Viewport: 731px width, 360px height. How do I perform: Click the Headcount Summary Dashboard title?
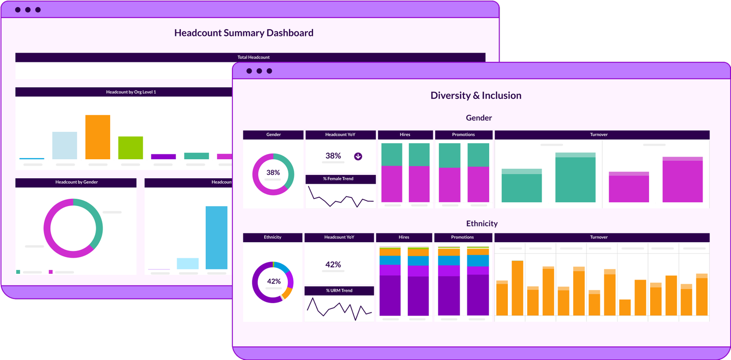pos(244,33)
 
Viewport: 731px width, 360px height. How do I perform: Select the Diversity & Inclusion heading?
pos(476,95)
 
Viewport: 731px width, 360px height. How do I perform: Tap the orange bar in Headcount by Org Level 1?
pos(97,137)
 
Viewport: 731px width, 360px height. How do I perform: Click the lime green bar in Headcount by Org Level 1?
pos(131,148)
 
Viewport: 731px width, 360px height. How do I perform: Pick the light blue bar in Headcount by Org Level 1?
pos(64,145)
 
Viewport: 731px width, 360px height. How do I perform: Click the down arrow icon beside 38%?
pos(358,156)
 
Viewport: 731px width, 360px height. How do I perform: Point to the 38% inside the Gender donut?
pos(273,172)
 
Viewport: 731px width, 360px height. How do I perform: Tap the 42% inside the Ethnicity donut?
pos(273,281)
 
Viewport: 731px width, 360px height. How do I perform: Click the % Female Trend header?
pos(341,179)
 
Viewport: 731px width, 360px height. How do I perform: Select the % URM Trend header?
pos(339,291)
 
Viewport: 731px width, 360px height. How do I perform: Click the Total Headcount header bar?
pos(253,57)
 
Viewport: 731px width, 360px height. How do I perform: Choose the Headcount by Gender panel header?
pos(76,183)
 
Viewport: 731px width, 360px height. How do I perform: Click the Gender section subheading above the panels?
pos(479,118)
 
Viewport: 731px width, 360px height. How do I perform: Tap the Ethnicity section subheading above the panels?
pos(481,224)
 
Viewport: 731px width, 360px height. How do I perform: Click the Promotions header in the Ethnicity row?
pos(462,238)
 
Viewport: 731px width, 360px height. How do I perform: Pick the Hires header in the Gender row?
pos(405,135)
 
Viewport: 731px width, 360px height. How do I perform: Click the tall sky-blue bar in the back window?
pos(216,237)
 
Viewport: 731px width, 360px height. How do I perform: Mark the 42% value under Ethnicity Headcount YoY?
pos(333,265)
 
